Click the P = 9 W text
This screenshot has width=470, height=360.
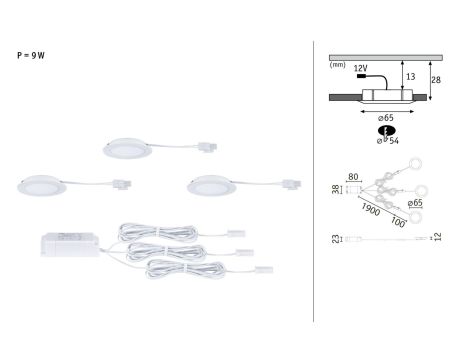tap(31, 55)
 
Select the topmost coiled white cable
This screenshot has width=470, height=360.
tap(160, 228)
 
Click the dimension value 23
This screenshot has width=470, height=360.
tap(334, 240)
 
